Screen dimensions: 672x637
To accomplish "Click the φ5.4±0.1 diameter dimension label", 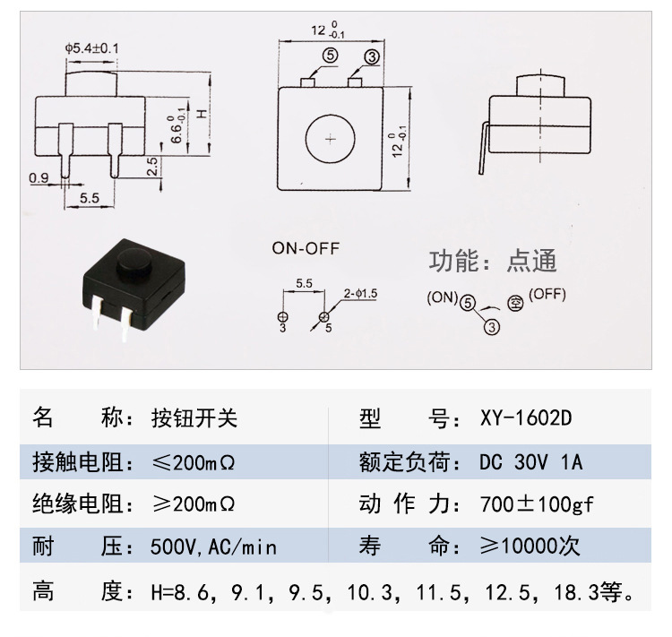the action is click(91, 48).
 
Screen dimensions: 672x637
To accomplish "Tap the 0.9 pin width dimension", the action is click(39, 177).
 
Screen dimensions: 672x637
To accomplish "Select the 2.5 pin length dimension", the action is click(152, 167).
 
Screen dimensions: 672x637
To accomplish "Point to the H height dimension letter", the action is click(202, 114).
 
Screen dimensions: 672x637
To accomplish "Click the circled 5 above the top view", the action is click(331, 56).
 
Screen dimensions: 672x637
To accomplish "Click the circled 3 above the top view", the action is click(372, 57).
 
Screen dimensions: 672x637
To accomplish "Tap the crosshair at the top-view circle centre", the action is click(330, 139).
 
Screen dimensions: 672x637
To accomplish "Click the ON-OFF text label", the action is click(306, 248).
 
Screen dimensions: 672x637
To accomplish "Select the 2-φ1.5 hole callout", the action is click(360, 294).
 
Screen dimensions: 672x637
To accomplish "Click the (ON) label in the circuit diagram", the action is click(443, 297).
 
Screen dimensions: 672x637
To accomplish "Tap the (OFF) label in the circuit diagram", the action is click(547, 294).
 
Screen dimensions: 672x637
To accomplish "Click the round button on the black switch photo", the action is click(134, 262).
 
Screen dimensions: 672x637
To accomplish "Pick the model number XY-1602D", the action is click(526, 418).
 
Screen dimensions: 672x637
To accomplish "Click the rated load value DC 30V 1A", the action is click(531, 462).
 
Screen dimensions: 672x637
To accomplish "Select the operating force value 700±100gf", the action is click(537, 504).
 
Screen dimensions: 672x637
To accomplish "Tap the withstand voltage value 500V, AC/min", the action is click(213, 547).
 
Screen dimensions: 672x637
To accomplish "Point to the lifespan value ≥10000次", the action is click(530, 547).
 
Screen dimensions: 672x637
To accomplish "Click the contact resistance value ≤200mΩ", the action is click(194, 462).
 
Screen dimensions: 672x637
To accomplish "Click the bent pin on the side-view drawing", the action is click(484, 148).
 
